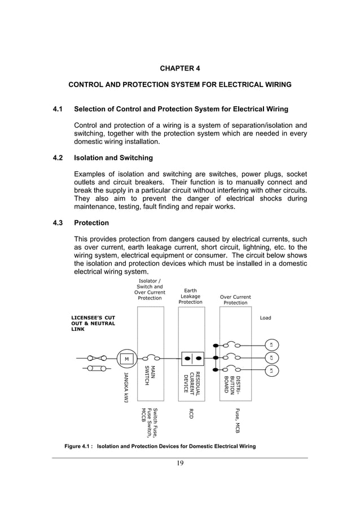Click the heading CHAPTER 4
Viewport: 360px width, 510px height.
179,69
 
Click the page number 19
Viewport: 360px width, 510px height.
180,464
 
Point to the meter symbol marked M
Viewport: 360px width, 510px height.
127,358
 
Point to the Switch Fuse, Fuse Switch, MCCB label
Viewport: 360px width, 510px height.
150,422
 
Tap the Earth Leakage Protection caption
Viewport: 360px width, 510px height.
190,297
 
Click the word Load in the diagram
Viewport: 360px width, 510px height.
265,318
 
